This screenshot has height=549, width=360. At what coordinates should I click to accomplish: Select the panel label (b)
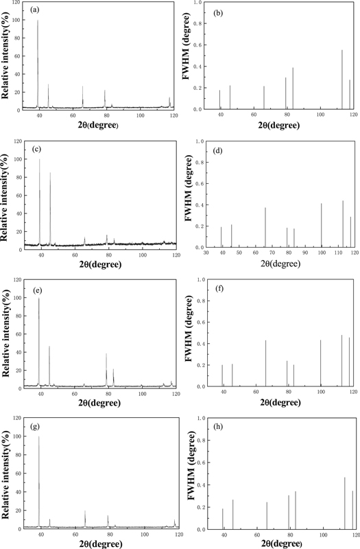click(218, 10)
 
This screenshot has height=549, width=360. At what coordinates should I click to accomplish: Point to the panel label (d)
click(217, 148)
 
